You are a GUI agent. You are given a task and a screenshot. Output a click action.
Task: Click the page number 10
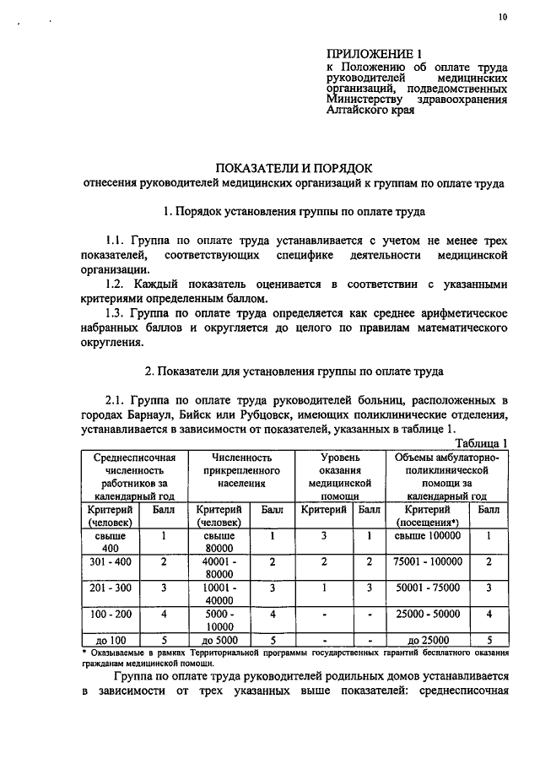[503, 16]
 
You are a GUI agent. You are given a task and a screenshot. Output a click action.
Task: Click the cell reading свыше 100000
[428, 535]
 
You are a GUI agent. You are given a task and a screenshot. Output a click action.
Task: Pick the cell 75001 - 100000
[428, 561]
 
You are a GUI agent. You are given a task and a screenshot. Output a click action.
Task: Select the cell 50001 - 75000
[428, 588]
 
